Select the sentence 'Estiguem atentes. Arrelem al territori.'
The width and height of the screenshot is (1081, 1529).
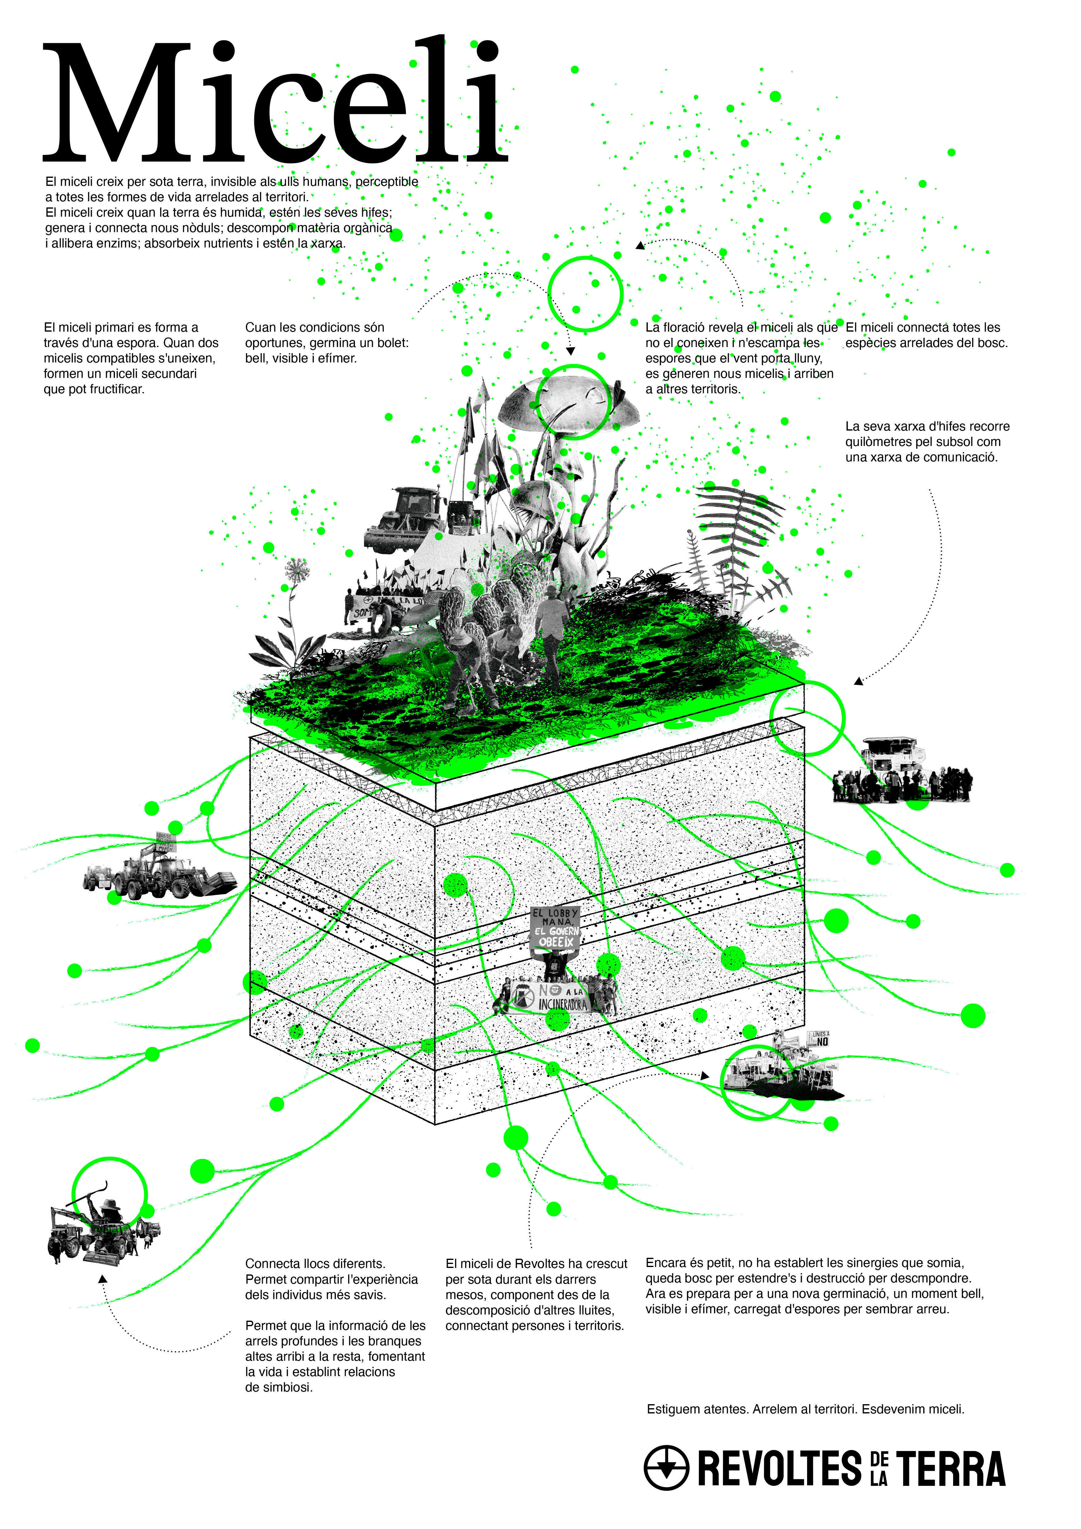click(x=806, y=1409)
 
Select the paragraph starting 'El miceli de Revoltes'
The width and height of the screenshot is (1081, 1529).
click(x=536, y=1294)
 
